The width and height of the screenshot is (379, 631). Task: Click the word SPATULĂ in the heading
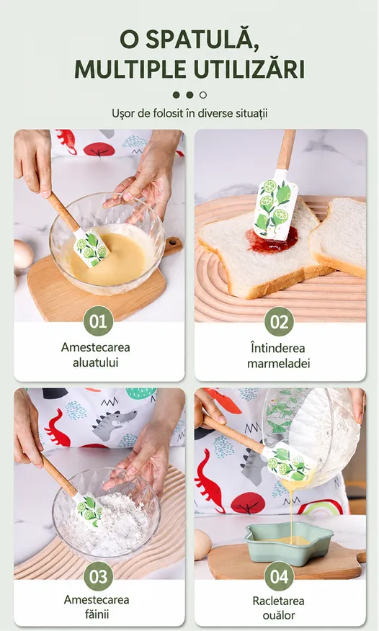tap(202, 40)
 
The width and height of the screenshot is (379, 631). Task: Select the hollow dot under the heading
tap(203, 95)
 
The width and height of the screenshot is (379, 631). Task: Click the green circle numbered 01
tap(98, 321)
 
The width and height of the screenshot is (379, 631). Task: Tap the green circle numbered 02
tap(280, 321)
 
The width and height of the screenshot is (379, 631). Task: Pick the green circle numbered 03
tap(98, 576)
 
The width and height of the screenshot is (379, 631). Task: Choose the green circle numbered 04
tap(280, 576)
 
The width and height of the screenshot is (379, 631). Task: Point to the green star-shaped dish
tap(289, 543)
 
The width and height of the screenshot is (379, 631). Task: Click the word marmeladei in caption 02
tap(278, 363)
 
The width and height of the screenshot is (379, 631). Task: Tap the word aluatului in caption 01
tap(95, 362)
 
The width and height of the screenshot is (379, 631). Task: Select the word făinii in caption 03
tap(97, 614)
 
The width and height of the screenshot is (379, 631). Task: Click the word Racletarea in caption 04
tap(278, 601)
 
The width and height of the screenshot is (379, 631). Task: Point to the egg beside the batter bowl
tap(23, 254)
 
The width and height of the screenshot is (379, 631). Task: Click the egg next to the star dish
tap(202, 545)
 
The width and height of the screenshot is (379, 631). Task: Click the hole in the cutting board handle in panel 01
tap(174, 243)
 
